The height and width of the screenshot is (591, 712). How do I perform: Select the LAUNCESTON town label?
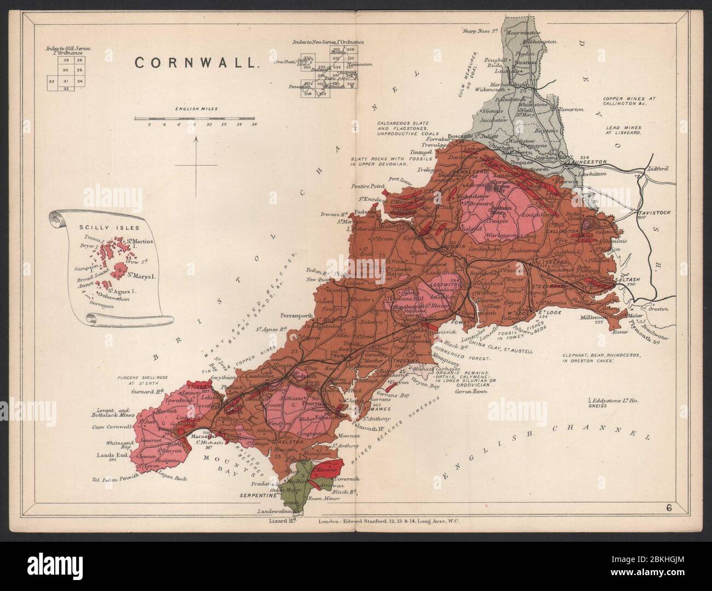(x=587, y=162)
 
